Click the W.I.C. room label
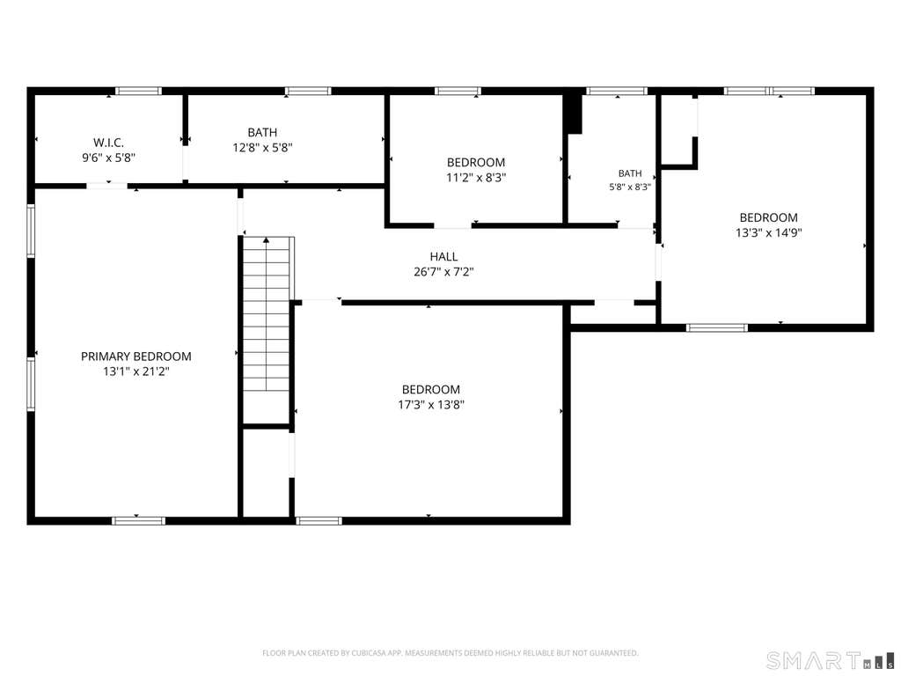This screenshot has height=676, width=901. click(108, 142)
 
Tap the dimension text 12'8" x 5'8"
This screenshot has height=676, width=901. click(262, 148)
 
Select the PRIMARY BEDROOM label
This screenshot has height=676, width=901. click(136, 356)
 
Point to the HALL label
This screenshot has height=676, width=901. click(443, 256)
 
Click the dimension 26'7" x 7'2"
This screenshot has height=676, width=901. click(443, 272)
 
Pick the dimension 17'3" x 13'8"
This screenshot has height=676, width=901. click(431, 405)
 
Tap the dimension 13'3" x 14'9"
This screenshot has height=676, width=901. click(769, 232)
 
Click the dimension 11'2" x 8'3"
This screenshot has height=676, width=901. click(476, 178)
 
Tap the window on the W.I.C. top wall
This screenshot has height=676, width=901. click(138, 91)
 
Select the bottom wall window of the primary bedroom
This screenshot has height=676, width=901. click(138, 521)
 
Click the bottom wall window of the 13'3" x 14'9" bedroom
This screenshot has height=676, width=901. click(717, 327)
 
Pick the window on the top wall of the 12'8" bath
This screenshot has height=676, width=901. click(308, 91)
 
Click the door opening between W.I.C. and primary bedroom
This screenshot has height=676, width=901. click(106, 185)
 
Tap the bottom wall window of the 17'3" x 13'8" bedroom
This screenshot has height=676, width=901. click(319, 521)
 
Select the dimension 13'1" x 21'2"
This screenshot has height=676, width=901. click(136, 372)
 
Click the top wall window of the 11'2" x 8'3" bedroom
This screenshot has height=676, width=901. click(458, 91)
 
